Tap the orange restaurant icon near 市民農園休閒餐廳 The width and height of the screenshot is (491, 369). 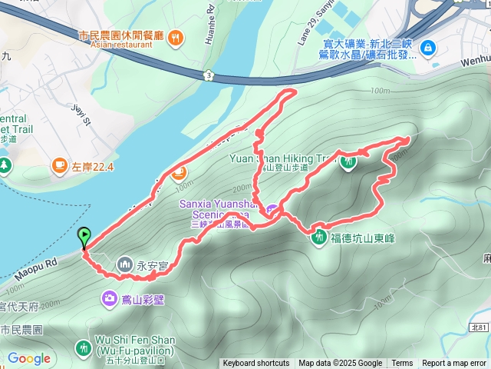click(x=175, y=37)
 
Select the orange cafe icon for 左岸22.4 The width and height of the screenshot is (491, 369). click(x=59, y=165)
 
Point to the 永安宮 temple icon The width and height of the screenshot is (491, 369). click(x=125, y=266)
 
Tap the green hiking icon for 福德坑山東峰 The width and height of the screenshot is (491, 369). click(x=318, y=238)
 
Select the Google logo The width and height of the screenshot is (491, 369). click(x=28, y=358)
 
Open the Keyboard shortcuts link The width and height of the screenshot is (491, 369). click(x=255, y=364)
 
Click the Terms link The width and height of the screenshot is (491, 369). click(x=402, y=364)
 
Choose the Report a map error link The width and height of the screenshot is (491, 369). click(x=455, y=364)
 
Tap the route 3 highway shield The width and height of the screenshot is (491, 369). click(x=208, y=75)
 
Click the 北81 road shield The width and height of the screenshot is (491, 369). click(x=477, y=327)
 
